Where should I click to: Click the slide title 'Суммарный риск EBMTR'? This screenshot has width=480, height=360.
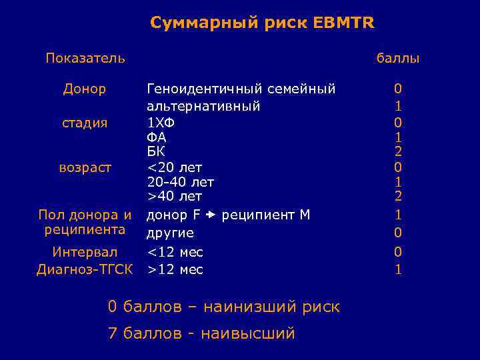point(262,23)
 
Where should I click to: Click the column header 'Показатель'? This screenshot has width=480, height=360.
point(85,58)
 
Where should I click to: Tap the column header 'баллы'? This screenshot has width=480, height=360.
point(397,59)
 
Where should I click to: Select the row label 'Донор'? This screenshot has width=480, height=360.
point(85,89)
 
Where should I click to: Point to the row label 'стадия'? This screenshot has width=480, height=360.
point(85,123)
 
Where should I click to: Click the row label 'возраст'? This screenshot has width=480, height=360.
point(85,167)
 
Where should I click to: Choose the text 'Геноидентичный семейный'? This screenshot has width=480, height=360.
point(241,89)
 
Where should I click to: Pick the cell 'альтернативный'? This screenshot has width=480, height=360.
point(203,106)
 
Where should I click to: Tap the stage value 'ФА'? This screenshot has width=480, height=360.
point(157,137)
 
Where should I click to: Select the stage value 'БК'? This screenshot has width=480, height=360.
point(156,152)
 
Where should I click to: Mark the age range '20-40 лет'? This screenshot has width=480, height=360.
point(180,181)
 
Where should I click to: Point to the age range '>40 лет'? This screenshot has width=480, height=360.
point(174,196)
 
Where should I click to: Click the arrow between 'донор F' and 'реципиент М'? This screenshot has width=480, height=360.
point(211,215)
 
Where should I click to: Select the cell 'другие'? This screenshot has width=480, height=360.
point(170,233)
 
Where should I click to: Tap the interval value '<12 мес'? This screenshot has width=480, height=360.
point(175,252)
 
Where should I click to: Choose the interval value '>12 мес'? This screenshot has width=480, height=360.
point(175,269)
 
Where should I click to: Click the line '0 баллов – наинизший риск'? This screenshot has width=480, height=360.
point(223,307)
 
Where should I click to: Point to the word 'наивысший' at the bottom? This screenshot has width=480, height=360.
point(249,333)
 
